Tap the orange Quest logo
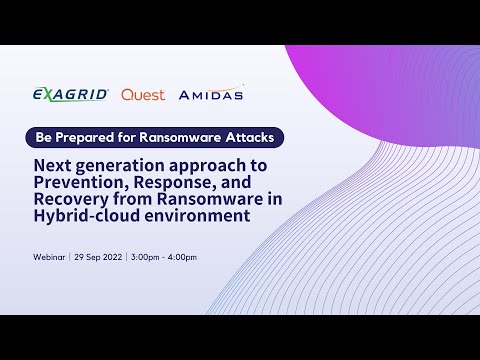coord(143,95)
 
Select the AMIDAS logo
coord(211,95)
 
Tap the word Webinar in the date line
coord(49,257)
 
